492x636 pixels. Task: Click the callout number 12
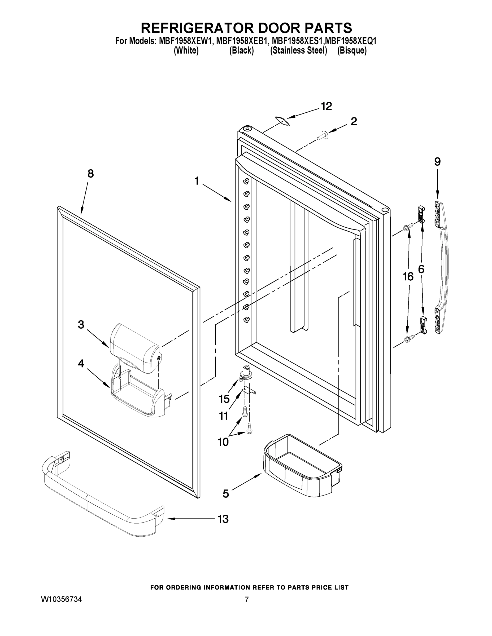click(326, 107)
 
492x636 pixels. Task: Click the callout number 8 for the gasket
click(91, 174)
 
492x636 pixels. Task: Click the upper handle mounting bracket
click(420, 214)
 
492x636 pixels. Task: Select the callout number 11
click(223, 416)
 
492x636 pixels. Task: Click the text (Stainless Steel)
click(298, 51)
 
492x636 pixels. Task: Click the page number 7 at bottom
click(247, 600)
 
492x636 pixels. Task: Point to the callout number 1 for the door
click(197, 181)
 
